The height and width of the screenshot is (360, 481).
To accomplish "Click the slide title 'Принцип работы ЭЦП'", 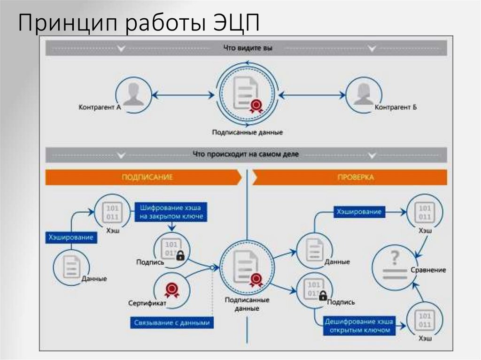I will click(139, 23).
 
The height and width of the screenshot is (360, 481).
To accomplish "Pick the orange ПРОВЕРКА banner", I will click(349, 177).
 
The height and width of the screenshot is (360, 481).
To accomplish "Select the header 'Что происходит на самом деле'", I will click(246, 154).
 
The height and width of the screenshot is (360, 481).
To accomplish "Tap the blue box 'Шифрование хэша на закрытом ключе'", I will click(171, 212).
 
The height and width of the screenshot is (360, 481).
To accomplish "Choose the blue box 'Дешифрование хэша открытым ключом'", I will click(357, 326).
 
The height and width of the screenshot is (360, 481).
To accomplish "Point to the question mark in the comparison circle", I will click(395, 257).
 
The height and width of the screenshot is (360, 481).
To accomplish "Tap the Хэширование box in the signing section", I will click(70, 237).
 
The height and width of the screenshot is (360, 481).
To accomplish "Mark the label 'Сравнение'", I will click(428, 270).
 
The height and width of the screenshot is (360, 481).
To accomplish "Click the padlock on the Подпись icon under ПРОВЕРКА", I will click(323, 296).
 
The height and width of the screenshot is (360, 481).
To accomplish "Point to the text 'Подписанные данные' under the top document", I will click(247, 133).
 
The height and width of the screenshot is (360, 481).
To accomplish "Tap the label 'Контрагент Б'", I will click(396, 107).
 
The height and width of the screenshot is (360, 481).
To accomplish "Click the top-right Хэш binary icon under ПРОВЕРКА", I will click(425, 212).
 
